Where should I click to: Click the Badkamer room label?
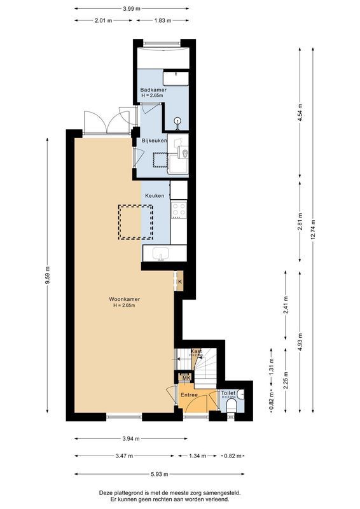coord(153,90)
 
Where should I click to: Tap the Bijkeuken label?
coord(154,141)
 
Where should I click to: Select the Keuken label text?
coord(155,196)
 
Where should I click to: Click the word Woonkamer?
coord(124,299)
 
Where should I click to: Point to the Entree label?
coord(189,395)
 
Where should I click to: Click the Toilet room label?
coord(228,393)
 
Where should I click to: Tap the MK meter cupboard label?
coord(186,379)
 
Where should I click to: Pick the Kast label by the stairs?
coord(196,351)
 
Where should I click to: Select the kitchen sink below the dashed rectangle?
coord(161,254)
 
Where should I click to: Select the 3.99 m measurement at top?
coord(132,9)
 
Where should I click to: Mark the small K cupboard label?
coord(180,281)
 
